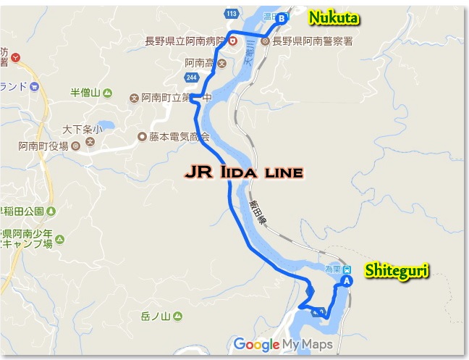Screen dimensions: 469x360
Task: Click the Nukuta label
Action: pos(334,16)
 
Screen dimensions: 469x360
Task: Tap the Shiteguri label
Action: pos(396,271)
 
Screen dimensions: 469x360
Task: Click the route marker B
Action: pos(282,17)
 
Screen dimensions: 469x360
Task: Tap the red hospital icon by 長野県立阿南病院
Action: pos(233,41)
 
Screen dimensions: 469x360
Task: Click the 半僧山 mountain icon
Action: pos(107,93)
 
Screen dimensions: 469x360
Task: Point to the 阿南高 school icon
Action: pos(221,63)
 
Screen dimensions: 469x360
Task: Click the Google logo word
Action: pos(256,344)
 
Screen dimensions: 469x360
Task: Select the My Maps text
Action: pos(308,344)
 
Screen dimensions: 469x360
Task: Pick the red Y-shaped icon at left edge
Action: pos(14,56)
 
